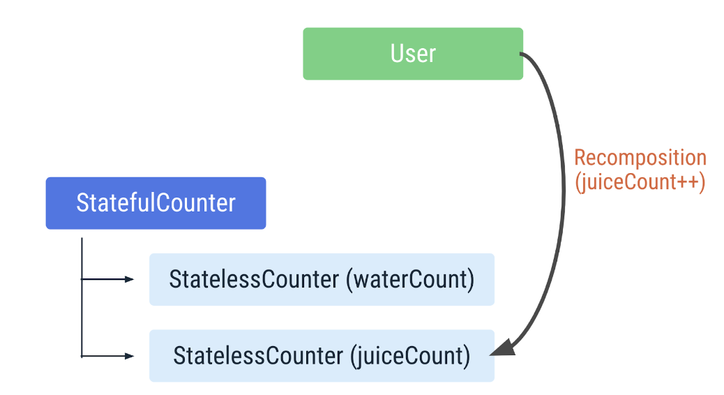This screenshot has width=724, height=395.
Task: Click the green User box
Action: pos(413,54)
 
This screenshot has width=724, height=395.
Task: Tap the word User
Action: pos(413,54)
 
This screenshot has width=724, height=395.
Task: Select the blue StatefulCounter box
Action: pos(156,203)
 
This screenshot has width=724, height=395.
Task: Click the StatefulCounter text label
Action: pos(156,203)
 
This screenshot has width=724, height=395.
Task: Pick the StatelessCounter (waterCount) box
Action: pos(322,280)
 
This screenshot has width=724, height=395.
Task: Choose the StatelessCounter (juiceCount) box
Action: pos(322,356)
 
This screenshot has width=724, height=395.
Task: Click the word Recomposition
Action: pos(640,158)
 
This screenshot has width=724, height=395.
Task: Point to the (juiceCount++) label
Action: pos(640,182)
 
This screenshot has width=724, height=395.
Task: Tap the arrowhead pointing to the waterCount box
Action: pos(129,279)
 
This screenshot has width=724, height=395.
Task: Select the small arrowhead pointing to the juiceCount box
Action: pos(129,356)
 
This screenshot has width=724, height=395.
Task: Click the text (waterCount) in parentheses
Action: pos(410,280)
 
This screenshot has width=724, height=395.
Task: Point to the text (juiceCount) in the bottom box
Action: pos(410,357)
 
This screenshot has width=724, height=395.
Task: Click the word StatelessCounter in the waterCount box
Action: pos(254,280)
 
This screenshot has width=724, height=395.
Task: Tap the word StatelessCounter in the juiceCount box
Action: pos(258,356)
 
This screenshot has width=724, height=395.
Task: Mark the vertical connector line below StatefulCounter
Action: pos(82,297)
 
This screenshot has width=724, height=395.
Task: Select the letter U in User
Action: pos(397,54)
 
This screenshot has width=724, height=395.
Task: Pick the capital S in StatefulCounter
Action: pos(82,203)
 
